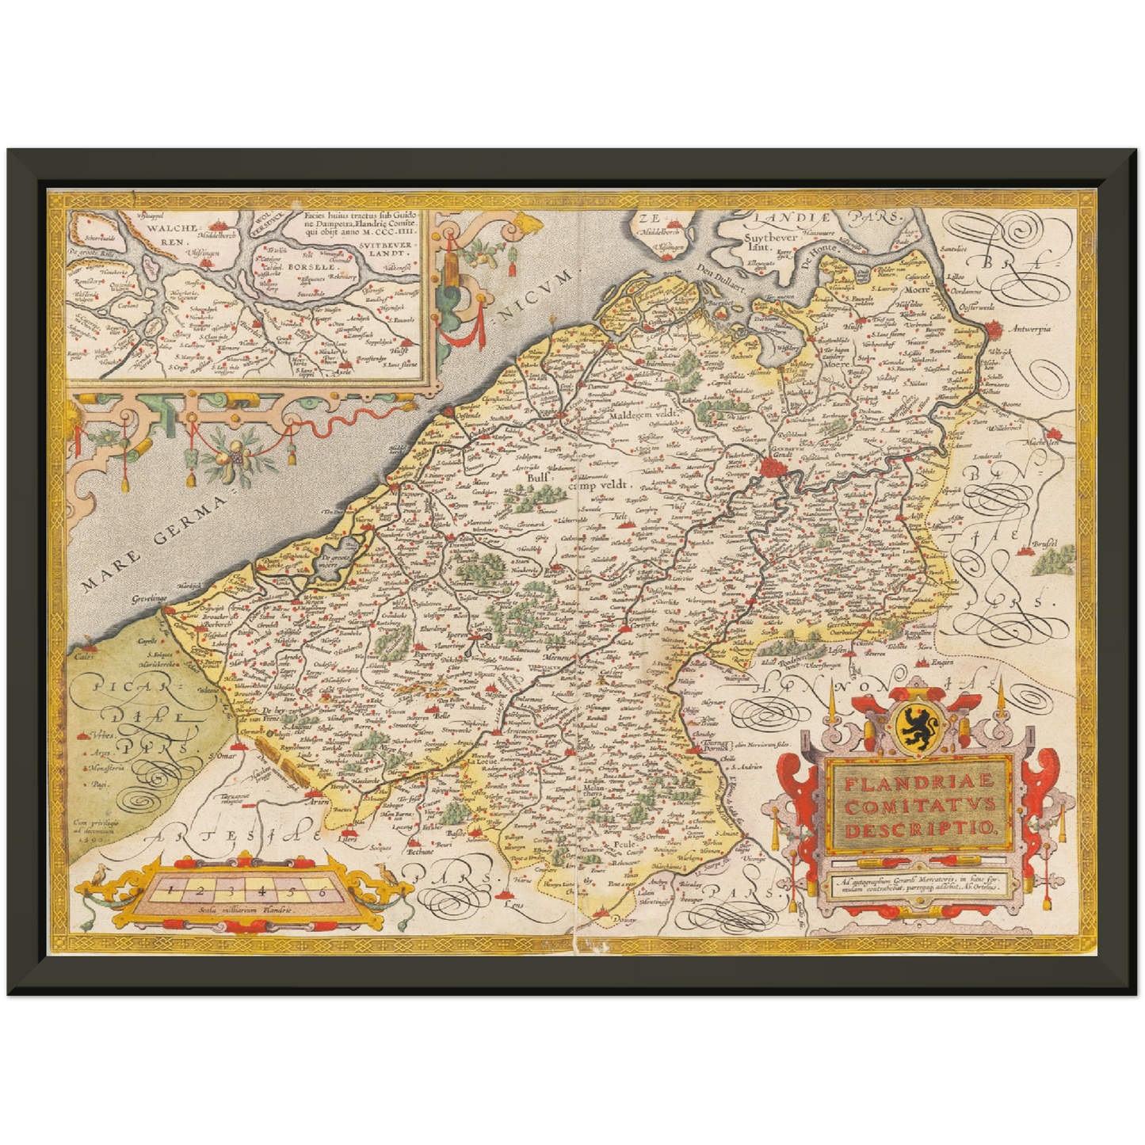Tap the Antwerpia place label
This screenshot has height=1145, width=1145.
coord(1028,329)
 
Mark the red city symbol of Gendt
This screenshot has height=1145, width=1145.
coord(769,469)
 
